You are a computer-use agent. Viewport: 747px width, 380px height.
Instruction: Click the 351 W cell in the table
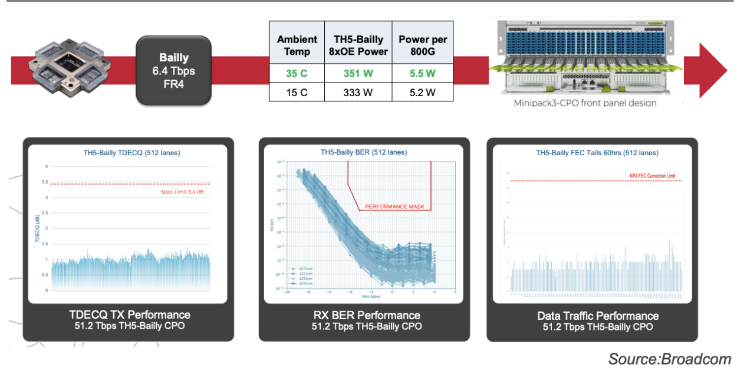[x=358, y=74]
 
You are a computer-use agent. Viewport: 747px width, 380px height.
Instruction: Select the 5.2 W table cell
[x=422, y=93]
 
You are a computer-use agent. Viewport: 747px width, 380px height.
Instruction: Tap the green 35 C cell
[x=297, y=74]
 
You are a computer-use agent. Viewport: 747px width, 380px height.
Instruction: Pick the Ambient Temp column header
[x=297, y=45]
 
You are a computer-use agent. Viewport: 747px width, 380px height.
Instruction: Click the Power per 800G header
[x=422, y=45]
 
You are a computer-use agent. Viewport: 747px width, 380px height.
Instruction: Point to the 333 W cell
[x=358, y=93]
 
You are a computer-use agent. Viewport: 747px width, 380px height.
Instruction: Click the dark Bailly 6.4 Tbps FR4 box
[x=174, y=70]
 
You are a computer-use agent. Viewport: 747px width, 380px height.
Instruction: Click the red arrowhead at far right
[x=712, y=70]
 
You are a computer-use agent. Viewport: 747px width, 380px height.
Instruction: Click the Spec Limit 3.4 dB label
[x=185, y=191]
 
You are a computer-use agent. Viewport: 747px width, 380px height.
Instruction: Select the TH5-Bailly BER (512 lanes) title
[x=364, y=152]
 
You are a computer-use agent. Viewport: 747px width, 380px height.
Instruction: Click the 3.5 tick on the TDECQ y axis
[x=46, y=182]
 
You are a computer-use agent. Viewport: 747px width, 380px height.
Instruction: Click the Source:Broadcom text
[x=669, y=359]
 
